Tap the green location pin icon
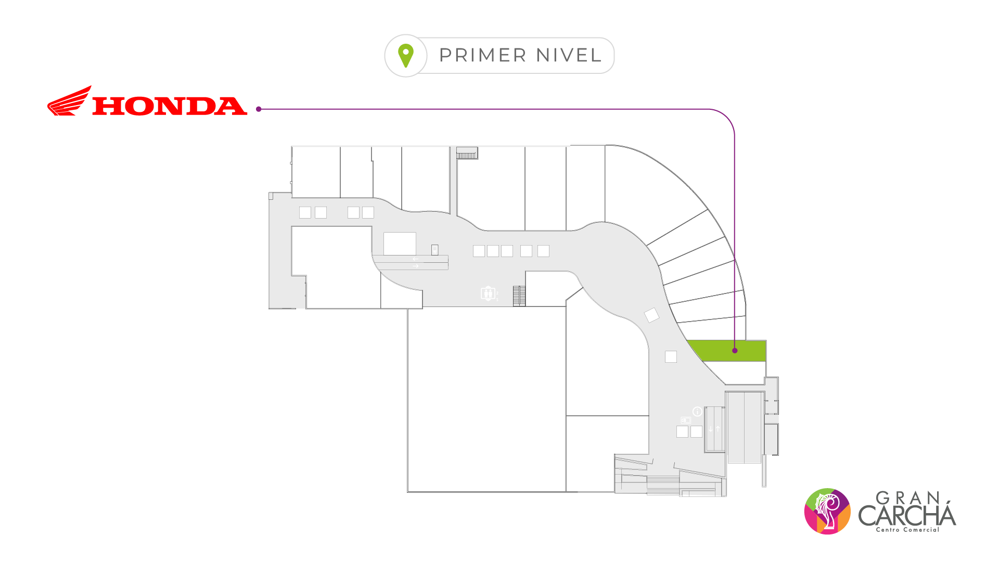point(406,55)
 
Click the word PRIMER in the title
point(483,55)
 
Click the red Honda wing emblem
point(70,101)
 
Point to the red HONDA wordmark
point(170,106)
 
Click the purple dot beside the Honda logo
point(259,109)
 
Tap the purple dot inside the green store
point(735,351)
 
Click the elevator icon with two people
point(488,293)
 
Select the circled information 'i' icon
point(697,412)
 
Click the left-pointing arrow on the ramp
point(415,259)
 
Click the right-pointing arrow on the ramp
point(415,266)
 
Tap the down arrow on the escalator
point(711,429)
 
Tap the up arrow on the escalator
point(718,429)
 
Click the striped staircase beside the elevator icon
point(519,296)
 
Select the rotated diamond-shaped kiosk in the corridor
point(651,315)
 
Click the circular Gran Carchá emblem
point(827,511)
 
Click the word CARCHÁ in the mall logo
point(907,516)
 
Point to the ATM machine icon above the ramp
point(434,250)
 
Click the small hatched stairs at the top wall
point(467,154)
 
